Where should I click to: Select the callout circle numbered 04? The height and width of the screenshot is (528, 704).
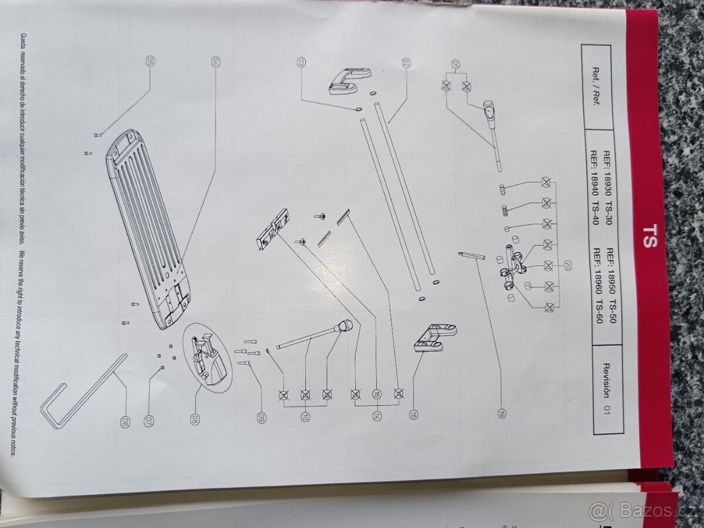point(215,62)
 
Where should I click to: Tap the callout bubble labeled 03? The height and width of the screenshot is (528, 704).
point(301,62)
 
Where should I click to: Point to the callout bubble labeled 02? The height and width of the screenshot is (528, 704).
point(405,62)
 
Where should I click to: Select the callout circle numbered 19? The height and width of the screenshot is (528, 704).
point(501,414)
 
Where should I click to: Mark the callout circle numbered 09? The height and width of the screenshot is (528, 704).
point(262,418)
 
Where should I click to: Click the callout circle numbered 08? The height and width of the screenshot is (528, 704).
point(195,419)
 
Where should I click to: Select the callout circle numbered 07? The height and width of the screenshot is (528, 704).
point(149,421)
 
